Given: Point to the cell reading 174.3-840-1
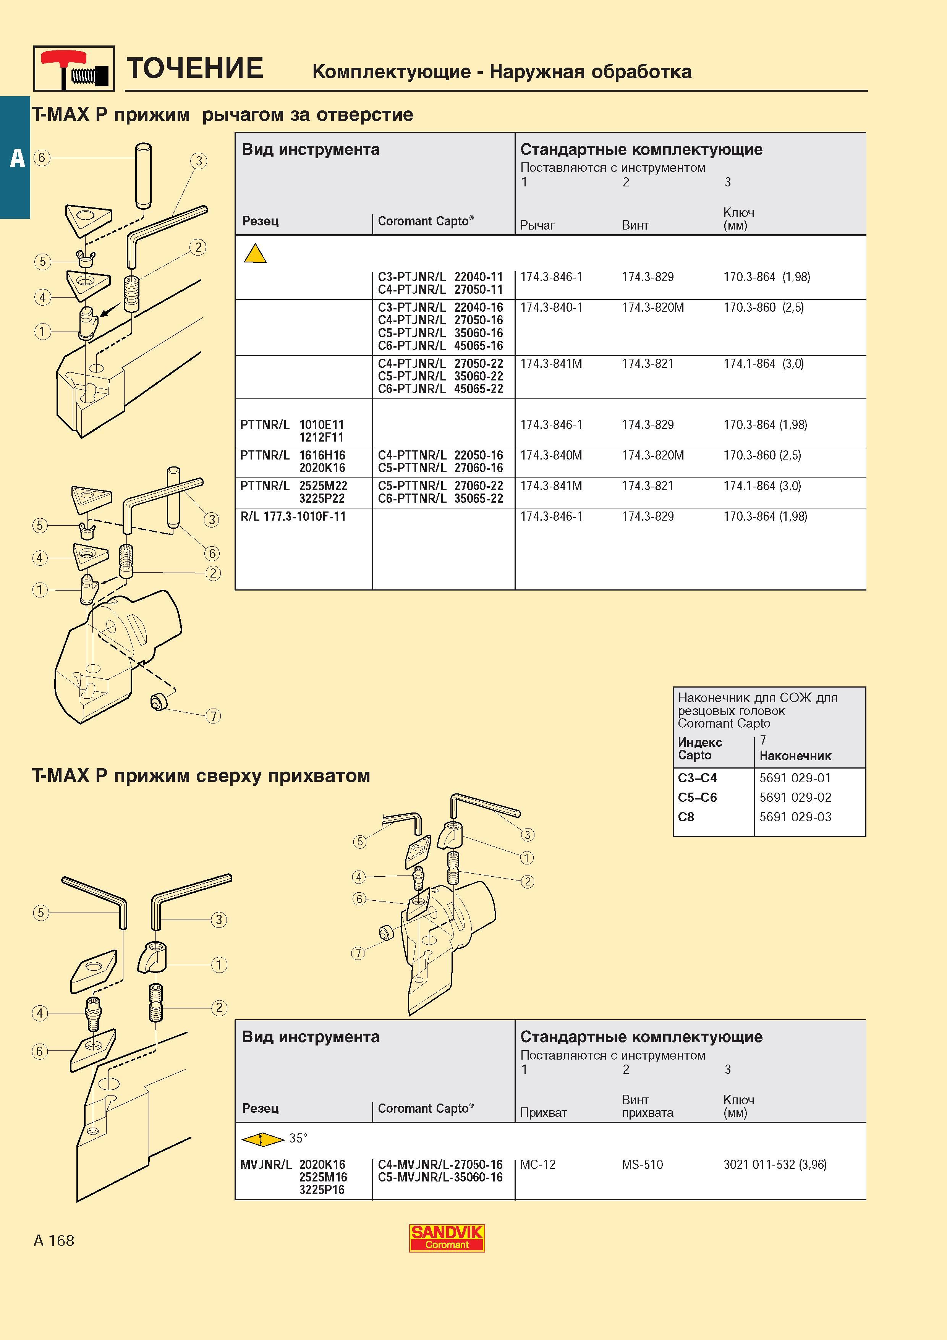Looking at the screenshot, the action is (x=551, y=307).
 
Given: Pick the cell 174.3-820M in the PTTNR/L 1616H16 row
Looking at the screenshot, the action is (x=653, y=455).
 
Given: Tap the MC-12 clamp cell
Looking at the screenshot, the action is (x=538, y=1164).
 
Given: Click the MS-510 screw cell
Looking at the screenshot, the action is (x=643, y=1164).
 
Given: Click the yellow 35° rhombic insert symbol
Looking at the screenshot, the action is (x=261, y=1139).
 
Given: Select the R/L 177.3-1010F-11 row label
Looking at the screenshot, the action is (x=293, y=516).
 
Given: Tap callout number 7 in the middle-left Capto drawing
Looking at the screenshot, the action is (x=214, y=715).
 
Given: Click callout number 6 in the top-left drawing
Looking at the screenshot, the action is (x=42, y=158).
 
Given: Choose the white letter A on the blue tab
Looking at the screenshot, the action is (x=18, y=158).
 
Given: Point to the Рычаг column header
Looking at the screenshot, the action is (x=537, y=225).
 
